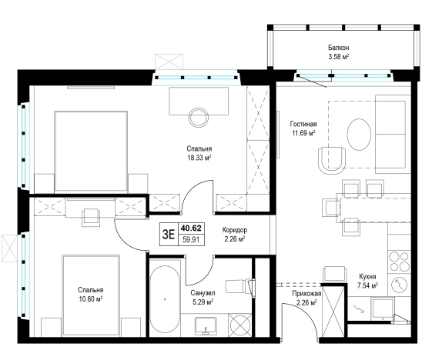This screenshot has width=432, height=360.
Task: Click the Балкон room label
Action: pos(338,48)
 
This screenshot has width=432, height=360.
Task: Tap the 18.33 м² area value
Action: pos(199,158)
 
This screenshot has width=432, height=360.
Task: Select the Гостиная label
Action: pos(303,124)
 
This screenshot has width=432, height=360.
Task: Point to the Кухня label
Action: pos(367,276)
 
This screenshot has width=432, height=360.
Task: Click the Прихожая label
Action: pos(306,294)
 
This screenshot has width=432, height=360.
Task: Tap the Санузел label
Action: pos(203,293)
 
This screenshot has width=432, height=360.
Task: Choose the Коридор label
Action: pos(235,230)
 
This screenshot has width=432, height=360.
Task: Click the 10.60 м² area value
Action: pos(91,299)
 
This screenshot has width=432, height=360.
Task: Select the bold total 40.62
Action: pos(191,228)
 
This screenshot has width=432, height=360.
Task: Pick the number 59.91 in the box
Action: pos(191,239)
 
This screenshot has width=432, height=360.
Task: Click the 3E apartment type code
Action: pos(169,235)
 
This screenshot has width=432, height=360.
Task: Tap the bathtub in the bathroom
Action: pos(165,300)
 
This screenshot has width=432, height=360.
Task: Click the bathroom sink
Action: pos(206,325)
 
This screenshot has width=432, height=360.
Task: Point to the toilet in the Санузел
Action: pos(239,286)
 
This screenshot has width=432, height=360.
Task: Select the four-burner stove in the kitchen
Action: pos(399,262)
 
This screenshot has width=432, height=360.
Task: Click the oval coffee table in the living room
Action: pos(359,135)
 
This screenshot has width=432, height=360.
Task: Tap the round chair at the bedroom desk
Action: pos(199,117)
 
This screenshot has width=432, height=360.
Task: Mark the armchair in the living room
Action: pos(332,161)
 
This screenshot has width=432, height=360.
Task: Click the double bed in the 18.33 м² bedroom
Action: pos(91,152)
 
